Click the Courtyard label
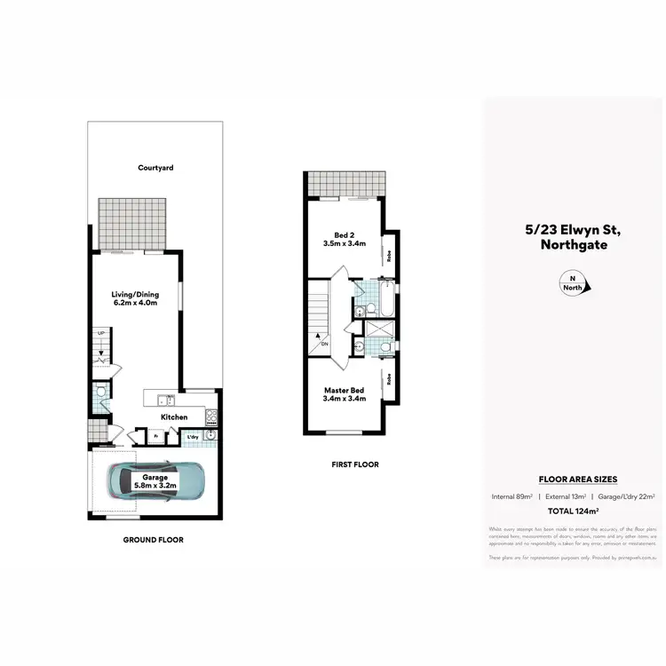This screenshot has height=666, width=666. [155, 167]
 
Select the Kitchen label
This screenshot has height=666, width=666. [173, 416]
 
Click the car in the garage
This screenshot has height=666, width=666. [156, 482]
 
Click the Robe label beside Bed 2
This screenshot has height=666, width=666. [389, 256]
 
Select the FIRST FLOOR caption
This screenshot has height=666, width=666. [353, 464]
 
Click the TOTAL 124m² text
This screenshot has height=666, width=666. [572, 512]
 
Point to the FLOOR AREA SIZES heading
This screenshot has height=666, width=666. [572, 480]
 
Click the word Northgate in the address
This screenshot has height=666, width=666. [572, 244]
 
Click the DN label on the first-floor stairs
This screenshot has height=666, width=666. [325, 345]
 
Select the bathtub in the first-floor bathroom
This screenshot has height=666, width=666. [388, 300]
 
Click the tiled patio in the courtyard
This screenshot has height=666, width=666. [132, 225]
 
